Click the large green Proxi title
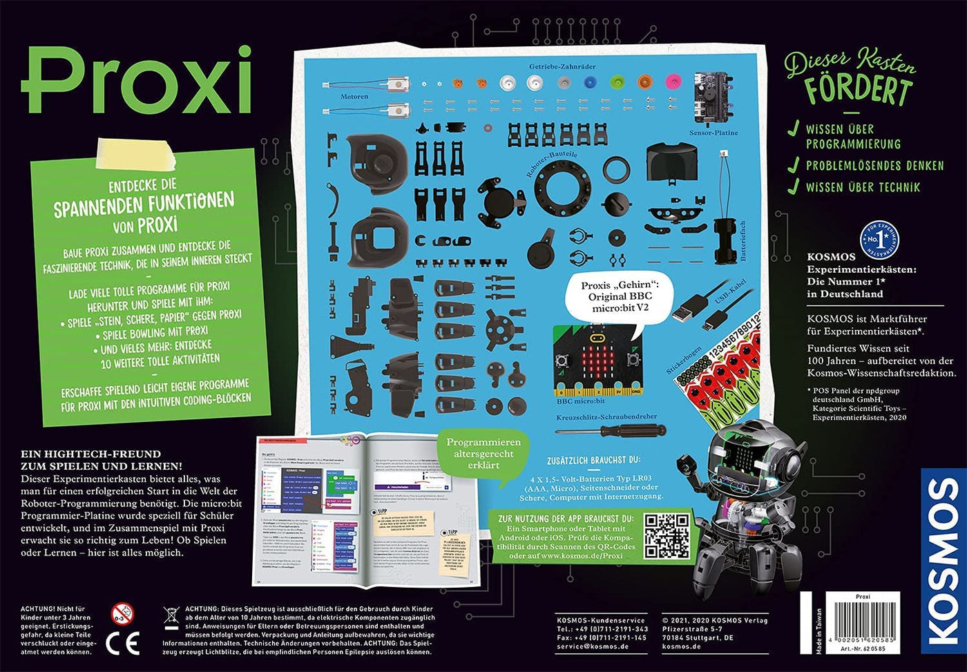(x=136, y=81)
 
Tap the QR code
(x=667, y=535)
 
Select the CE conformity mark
(x=123, y=642)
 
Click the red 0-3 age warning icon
(x=123, y=613)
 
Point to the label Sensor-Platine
(x=714, y=133)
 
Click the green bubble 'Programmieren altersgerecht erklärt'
(x=483, y=454)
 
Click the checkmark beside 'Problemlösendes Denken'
(x=794, y=165)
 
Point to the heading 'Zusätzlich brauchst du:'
(x=593, y=459)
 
